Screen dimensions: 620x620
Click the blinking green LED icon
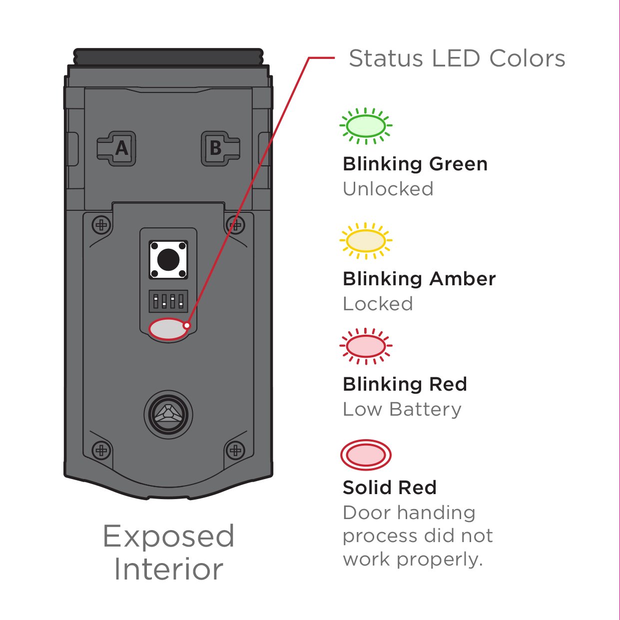[366, 126]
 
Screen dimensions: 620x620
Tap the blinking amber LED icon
[366, 241]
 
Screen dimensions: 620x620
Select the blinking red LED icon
[366, 346]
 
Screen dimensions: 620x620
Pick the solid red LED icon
[366, 455]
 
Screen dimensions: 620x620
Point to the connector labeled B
[219, 148]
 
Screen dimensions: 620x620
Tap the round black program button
[168, 260]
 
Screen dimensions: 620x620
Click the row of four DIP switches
[168, 301]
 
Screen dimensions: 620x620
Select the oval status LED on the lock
[168, 329]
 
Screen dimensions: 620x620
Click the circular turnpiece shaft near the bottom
[168, 415]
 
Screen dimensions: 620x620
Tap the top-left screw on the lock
[102, 225]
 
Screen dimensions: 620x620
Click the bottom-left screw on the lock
[102, 451]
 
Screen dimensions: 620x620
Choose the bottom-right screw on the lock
[235, 451]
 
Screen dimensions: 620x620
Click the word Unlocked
[388, 189]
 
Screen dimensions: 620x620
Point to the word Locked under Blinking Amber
[378, 304]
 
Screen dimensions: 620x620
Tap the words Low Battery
[402, 409]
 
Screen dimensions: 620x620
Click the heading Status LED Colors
[457, 58]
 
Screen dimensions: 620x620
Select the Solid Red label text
[390, 487]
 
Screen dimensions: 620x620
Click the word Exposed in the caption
[168, 537]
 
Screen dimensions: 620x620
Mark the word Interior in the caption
[168, 570]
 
